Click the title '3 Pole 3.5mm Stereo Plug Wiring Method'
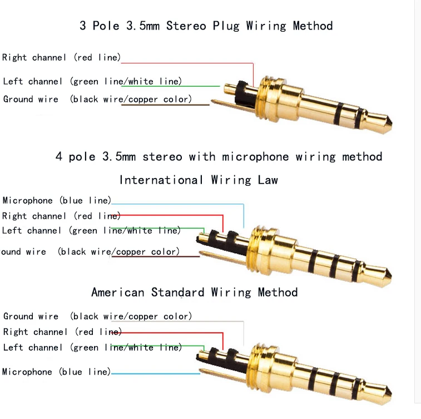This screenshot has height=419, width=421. [x=206, y=26]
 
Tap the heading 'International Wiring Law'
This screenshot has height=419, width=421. [x=199, y=180]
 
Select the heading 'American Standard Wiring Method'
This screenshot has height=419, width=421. [x=194, y=292]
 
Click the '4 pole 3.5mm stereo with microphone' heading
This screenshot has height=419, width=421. [x=219, y=156]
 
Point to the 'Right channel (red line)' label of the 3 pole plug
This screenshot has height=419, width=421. [x=61, y=57]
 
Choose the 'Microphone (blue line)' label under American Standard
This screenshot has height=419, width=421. [x=56, y=372]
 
